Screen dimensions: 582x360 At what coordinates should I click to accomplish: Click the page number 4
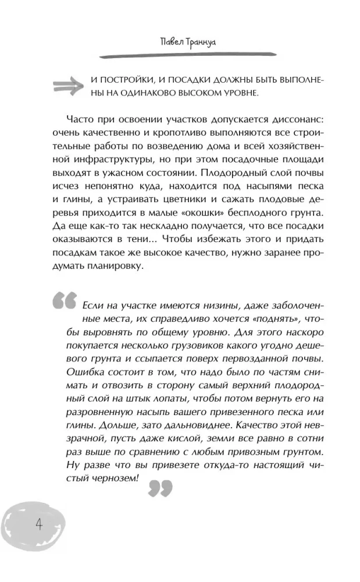click(x=39, y=526)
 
